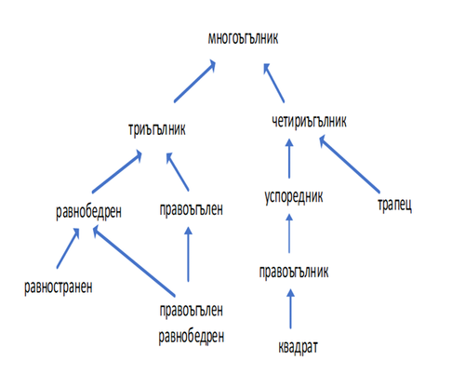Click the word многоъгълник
[243, 39]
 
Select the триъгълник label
[157, 129]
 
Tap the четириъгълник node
[309, 121]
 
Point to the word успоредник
[294, 197]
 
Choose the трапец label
[394, 205]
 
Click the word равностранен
[59, 287]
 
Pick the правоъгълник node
[294, 273]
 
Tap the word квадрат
[298, 347]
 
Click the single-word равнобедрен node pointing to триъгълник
[88, 212]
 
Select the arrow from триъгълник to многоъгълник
[194, 81]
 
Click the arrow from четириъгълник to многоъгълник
[273, 83]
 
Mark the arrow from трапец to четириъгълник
[350, 164]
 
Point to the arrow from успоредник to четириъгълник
[289, 158]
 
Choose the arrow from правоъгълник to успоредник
[289, 233]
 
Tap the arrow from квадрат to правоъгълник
[290, 308]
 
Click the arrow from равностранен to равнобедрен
[68, 248]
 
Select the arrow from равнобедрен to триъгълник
[117, 172]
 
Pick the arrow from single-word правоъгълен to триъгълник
[178, 171]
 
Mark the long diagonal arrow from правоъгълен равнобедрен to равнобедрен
[134, 261]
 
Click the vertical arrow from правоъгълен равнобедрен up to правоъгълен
[188, 254]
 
